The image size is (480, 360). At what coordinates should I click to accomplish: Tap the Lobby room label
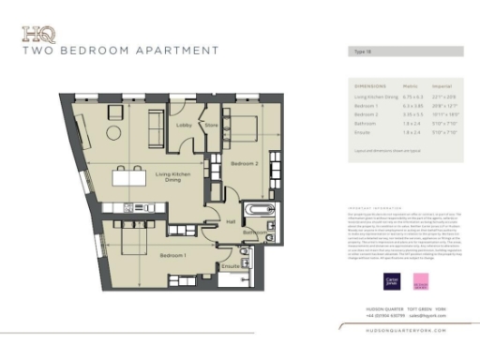pos(184,124)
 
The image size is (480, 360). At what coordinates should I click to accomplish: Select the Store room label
pos(211,124)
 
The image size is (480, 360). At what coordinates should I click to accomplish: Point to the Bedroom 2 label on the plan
pos(245,163)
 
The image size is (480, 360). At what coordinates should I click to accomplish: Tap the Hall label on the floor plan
pos(230,221)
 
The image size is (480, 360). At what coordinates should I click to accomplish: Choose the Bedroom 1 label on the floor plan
pos(172,255)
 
